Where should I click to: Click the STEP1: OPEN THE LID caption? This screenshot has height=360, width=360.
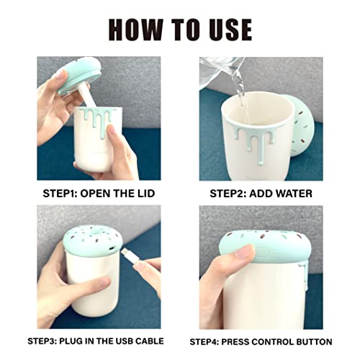coord(99,193)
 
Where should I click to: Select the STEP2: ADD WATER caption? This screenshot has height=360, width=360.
coord(260,193)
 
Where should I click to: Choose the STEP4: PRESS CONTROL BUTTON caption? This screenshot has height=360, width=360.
coord(260,341)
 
